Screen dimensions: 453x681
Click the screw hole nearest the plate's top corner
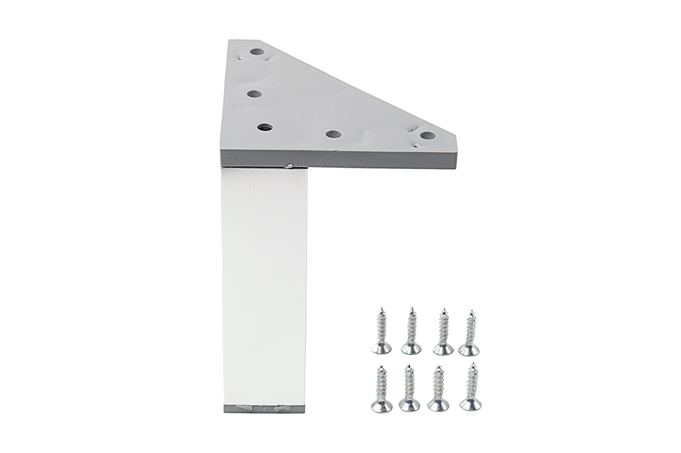coord(257,51)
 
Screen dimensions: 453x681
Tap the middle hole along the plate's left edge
coord(253,94)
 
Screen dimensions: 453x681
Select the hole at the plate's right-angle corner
coord(265,126)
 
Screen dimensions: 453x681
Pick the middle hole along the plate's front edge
coord(333,134)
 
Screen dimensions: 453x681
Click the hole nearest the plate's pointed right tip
coord(428,136)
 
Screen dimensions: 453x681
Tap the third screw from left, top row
coord(443,333)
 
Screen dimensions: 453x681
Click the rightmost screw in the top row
coord(470,333)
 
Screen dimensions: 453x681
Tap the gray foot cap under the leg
coord(265,408)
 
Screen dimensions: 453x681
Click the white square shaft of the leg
coord(265,286)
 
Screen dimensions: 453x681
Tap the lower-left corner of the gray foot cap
coord(225,411)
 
